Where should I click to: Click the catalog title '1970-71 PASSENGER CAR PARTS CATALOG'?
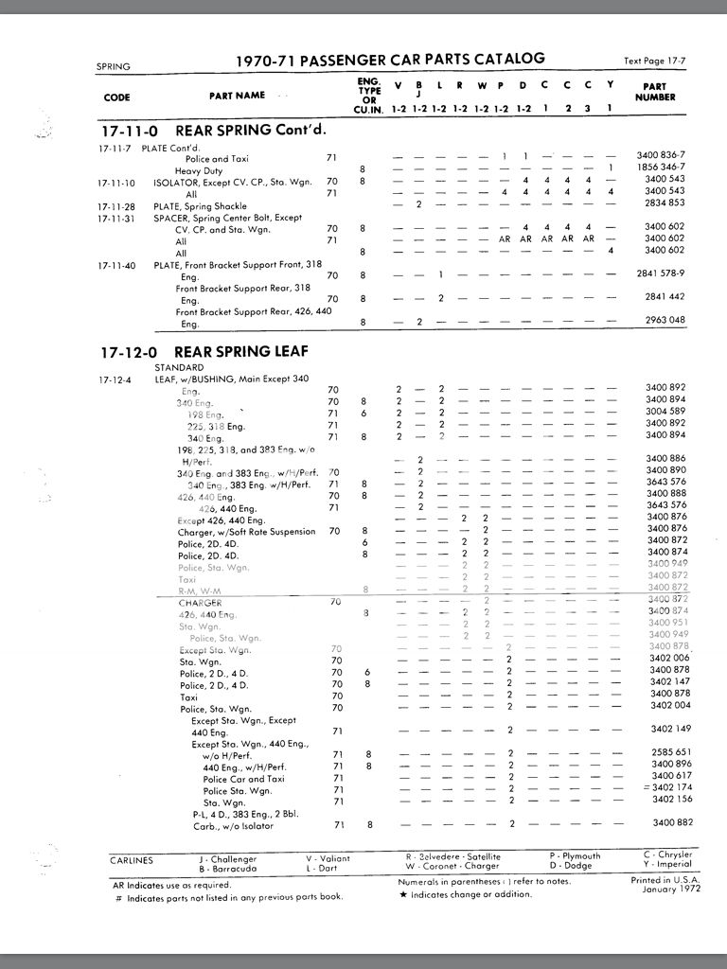click(x=390, y=60)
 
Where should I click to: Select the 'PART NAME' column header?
click(x=237, y=95)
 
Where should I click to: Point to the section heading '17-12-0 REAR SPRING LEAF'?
click(x=204, y=352)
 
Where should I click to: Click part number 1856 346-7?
click(x=662, y=167)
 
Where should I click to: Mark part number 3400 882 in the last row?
click(x=667, y=823)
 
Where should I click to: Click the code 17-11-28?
click(x=116, y=205)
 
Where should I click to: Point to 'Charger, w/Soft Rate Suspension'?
click(x=246, y=532)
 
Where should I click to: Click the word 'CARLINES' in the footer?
click(x=131, y=861)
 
